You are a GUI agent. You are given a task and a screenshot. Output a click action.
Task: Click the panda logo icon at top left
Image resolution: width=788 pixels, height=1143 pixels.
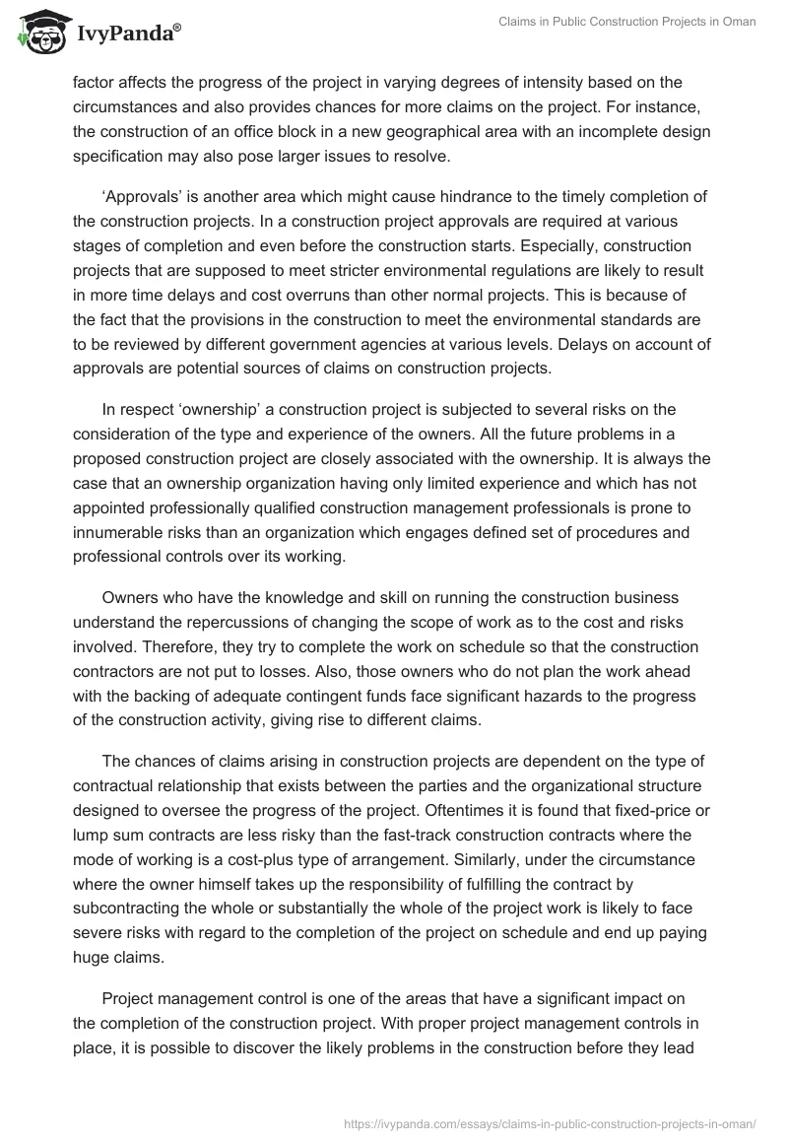coord(37,32)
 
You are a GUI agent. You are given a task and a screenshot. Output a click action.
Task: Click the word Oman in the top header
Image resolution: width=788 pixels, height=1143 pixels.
coord(739,22)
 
